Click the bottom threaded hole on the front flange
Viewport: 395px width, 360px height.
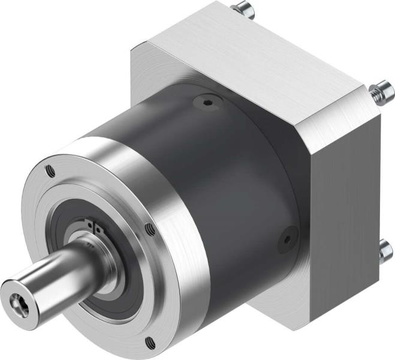[149, 343]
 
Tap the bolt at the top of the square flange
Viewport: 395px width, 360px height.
[242, 8]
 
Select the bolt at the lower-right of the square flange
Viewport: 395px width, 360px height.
[384, 252]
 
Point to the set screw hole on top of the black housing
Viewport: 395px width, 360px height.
[207, 103]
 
